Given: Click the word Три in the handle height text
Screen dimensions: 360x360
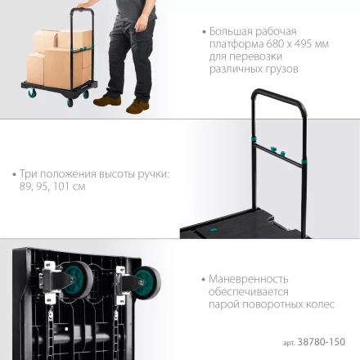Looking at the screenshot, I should [28, 174].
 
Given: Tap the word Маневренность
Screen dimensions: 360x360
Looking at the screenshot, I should [246, 278].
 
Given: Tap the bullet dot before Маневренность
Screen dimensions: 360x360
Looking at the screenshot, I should [204, 278].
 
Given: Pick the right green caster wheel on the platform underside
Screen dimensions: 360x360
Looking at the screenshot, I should [147, 282].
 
